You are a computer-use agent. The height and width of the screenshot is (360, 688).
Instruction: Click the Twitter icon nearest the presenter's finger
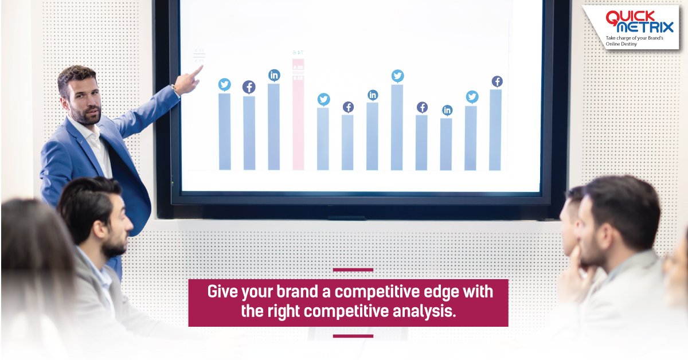[224, 85]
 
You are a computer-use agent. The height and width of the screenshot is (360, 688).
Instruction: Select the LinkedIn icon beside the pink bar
[274, 75]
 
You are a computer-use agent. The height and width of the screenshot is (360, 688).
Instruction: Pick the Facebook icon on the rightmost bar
[497, 81]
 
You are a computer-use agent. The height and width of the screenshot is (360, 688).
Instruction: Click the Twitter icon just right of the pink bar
[324, 100]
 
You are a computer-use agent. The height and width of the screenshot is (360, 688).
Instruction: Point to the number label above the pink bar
[298, 52]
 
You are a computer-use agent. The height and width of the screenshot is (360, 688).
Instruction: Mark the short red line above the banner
[353, 269]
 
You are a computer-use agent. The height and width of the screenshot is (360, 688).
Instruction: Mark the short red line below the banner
[353, 336]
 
